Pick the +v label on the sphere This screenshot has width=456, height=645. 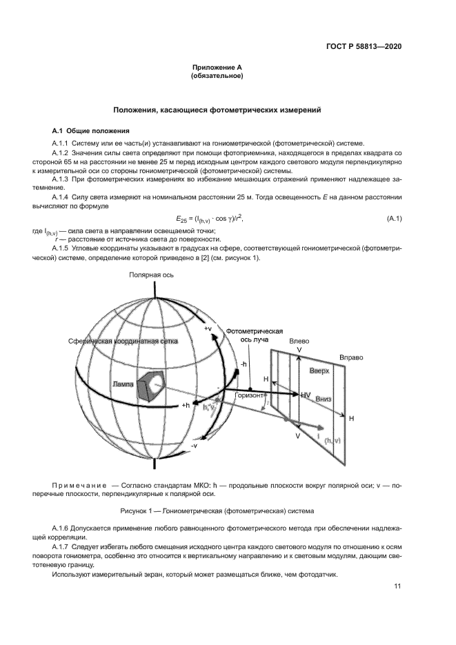208,330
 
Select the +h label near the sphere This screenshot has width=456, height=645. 186,405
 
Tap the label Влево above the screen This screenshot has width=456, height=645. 299,341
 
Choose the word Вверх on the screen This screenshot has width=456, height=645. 319,371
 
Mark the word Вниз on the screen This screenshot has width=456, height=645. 324,399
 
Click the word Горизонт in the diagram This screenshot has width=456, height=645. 249,396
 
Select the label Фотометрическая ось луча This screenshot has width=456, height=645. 260,336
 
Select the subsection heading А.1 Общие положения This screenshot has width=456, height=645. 89,130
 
